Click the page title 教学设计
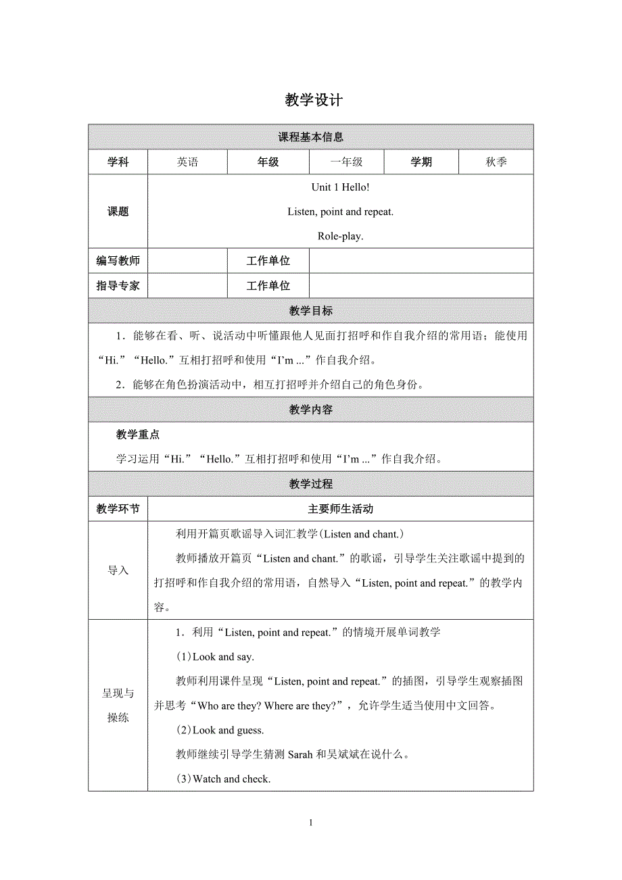pos(314,101)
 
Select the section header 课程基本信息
pos(310,137)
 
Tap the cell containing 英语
pos(187,162)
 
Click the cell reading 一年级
pos(346,162)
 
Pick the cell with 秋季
pos(496,162)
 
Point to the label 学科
pos(118,162)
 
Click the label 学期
pos(421,162)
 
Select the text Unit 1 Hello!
pos(340,187)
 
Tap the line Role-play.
pos(340,237)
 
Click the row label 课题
pos(118,212)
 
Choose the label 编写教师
pos(118,261)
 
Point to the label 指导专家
pos(118,286)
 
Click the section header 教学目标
pos(310,311)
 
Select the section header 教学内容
pos(310,410)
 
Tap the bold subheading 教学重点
pos(138,435)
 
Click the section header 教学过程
pos(310,484)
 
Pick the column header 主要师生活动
pos(340,509)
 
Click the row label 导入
pos(118,570)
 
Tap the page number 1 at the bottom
pos(310,823)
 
